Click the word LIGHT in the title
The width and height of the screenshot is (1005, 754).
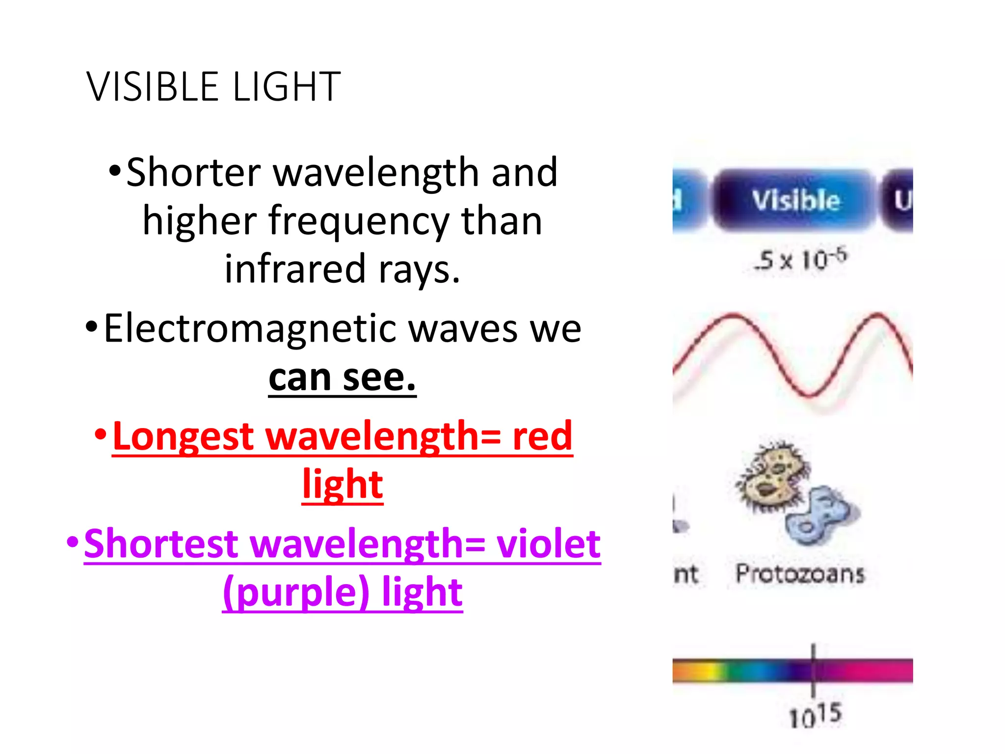tap(287, 87)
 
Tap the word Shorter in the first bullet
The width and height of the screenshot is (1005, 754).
tap(193, 173)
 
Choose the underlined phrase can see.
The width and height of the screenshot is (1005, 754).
tap(342, 378)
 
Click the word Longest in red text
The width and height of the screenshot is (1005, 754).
tap(183, 436)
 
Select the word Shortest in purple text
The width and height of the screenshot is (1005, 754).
tap(161, 544)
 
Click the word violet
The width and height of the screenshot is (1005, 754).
tap(548, 544)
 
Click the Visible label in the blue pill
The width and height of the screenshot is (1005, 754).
tap(795, 200)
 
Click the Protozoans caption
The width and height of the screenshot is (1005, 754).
tap(800, 573)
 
